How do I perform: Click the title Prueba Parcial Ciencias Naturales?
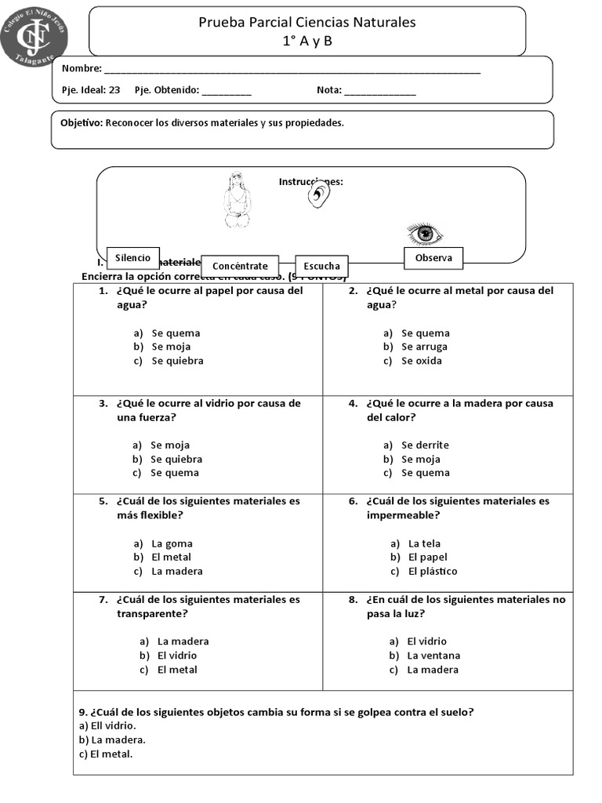(x=307, y=22)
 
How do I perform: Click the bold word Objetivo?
(x=81, y=123)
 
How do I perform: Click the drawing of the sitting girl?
(x=235, y=201)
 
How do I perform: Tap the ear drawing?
(x=317, y=196)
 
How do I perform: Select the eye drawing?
(x=424, y=233)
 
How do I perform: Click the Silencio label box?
(x=132, y=258)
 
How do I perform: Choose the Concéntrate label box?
(x=240, y=266)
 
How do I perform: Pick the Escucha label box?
(x=321, y=266)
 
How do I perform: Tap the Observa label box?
(x=433, y=258)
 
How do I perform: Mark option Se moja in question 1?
(x=171, y=347)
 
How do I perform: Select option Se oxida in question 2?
(x=422, y=361)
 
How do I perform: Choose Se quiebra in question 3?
(x=176, y=459)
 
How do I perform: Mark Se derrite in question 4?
(x=425, y=445)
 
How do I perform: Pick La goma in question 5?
(x=172, y=543)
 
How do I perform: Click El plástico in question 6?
(x=433, y=571)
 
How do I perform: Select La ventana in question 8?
(x=433, y=656)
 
